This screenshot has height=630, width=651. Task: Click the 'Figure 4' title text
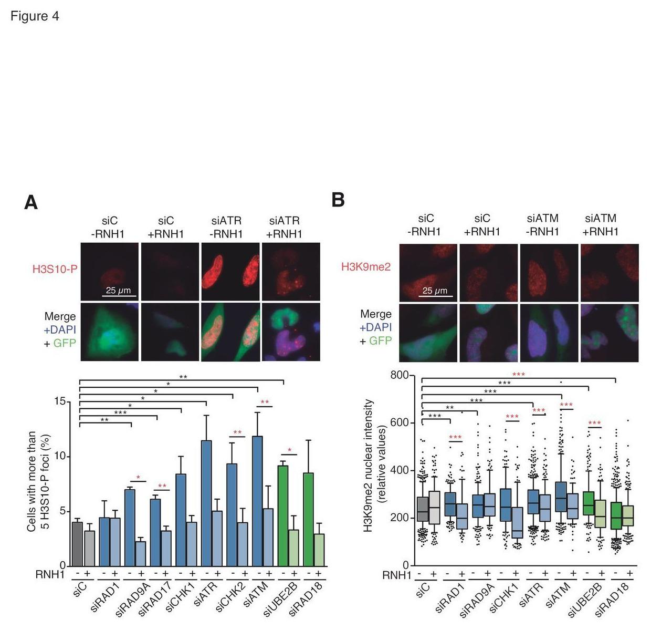pos(35,16)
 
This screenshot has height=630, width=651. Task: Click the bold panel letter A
pos(31,203)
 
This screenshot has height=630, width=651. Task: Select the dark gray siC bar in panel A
pos(77,544)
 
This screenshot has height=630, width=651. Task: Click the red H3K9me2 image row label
pos(366,267)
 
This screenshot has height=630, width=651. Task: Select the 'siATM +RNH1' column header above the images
pos(601,225)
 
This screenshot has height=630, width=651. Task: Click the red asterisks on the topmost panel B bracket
pos(518,374)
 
